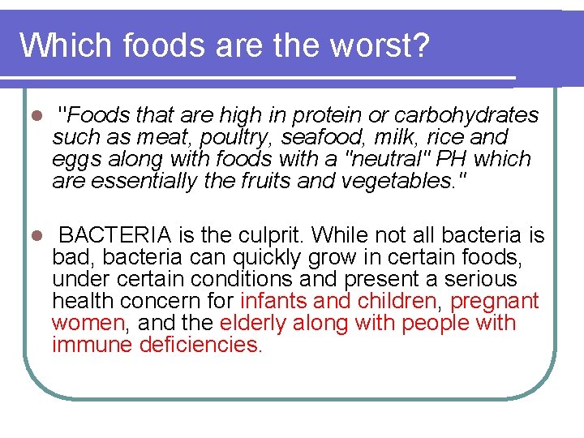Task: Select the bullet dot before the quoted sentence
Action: coord(34,115)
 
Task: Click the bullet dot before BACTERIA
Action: coord(34,235)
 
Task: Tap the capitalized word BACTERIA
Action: coord(115,235)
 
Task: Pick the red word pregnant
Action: coord(495,301)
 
